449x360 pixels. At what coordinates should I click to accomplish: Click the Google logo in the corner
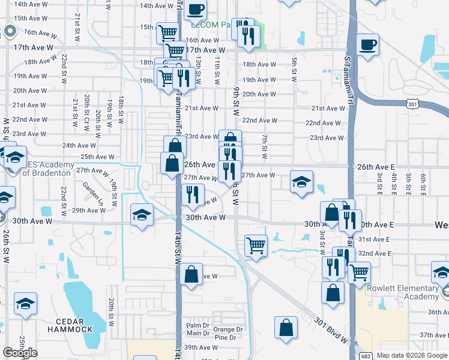pos(20,352)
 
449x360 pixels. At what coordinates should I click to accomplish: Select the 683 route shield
pos(365,355)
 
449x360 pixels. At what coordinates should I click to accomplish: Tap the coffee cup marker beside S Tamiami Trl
pos(367,44)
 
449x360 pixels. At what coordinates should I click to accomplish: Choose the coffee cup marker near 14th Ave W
pos(196,10)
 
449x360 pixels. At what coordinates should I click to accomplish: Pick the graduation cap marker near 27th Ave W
pos(301,182)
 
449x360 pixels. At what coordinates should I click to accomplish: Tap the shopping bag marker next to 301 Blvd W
pos(286,328)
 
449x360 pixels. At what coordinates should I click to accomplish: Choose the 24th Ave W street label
pos(79,145)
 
